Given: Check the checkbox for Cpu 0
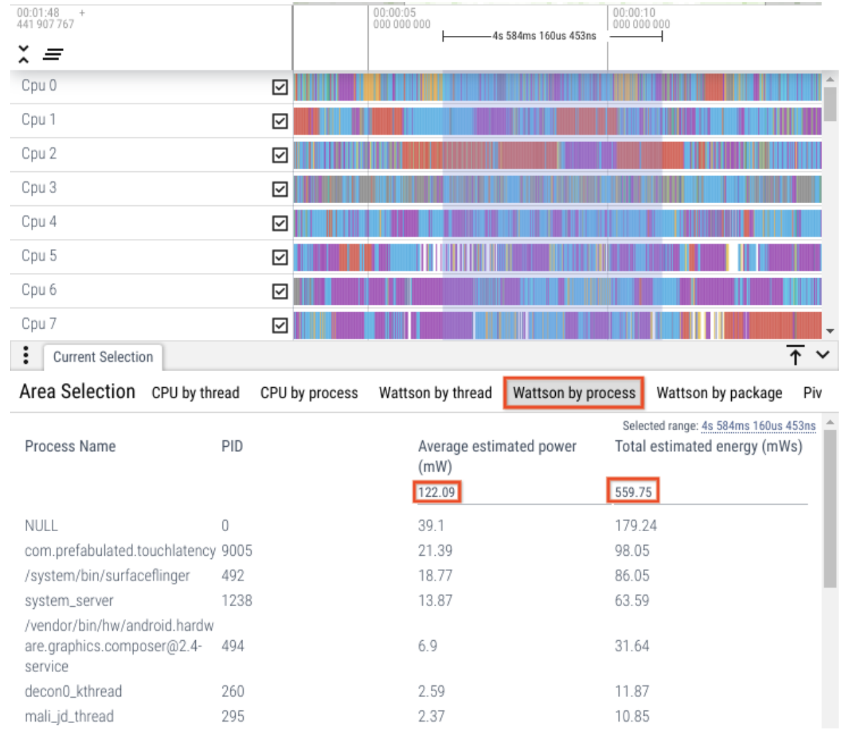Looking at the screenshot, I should coord(280,88).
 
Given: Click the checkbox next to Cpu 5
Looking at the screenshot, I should coord(280,258).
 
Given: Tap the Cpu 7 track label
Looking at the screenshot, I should coord(39,324).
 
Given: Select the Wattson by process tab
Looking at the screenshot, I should coord(574,393).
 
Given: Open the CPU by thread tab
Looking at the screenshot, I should coord(195,393).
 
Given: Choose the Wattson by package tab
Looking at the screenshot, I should coord(719,393).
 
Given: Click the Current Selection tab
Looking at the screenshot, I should coord(103,357).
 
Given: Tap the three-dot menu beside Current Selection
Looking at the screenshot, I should coord(26,355).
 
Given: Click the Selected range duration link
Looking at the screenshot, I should coord(758,426).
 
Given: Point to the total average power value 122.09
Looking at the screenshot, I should coord(436,492).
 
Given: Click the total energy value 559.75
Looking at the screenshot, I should coord(633,492).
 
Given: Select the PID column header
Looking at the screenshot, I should coord(232,446).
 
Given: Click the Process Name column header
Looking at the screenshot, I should coord(70,446).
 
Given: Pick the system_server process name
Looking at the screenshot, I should coord(69,601).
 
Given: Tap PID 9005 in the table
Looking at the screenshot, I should coord(236,550).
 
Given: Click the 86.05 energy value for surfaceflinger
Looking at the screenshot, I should coord(632,576).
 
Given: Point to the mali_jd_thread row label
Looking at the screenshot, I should coord(69,716).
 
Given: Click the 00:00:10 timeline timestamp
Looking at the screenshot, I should coord(634,13).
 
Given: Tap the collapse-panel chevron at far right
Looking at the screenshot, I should coord(823,355).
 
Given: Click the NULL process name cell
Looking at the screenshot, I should coord(41,526).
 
